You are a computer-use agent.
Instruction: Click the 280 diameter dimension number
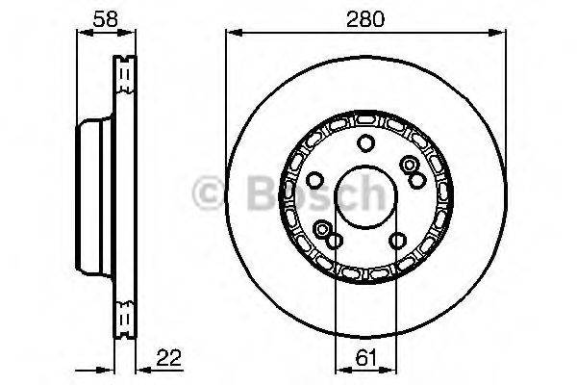[x=365, y=16]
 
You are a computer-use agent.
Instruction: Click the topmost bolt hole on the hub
[x=365, y=144]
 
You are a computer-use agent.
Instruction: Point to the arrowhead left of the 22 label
[x=138, y=369]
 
